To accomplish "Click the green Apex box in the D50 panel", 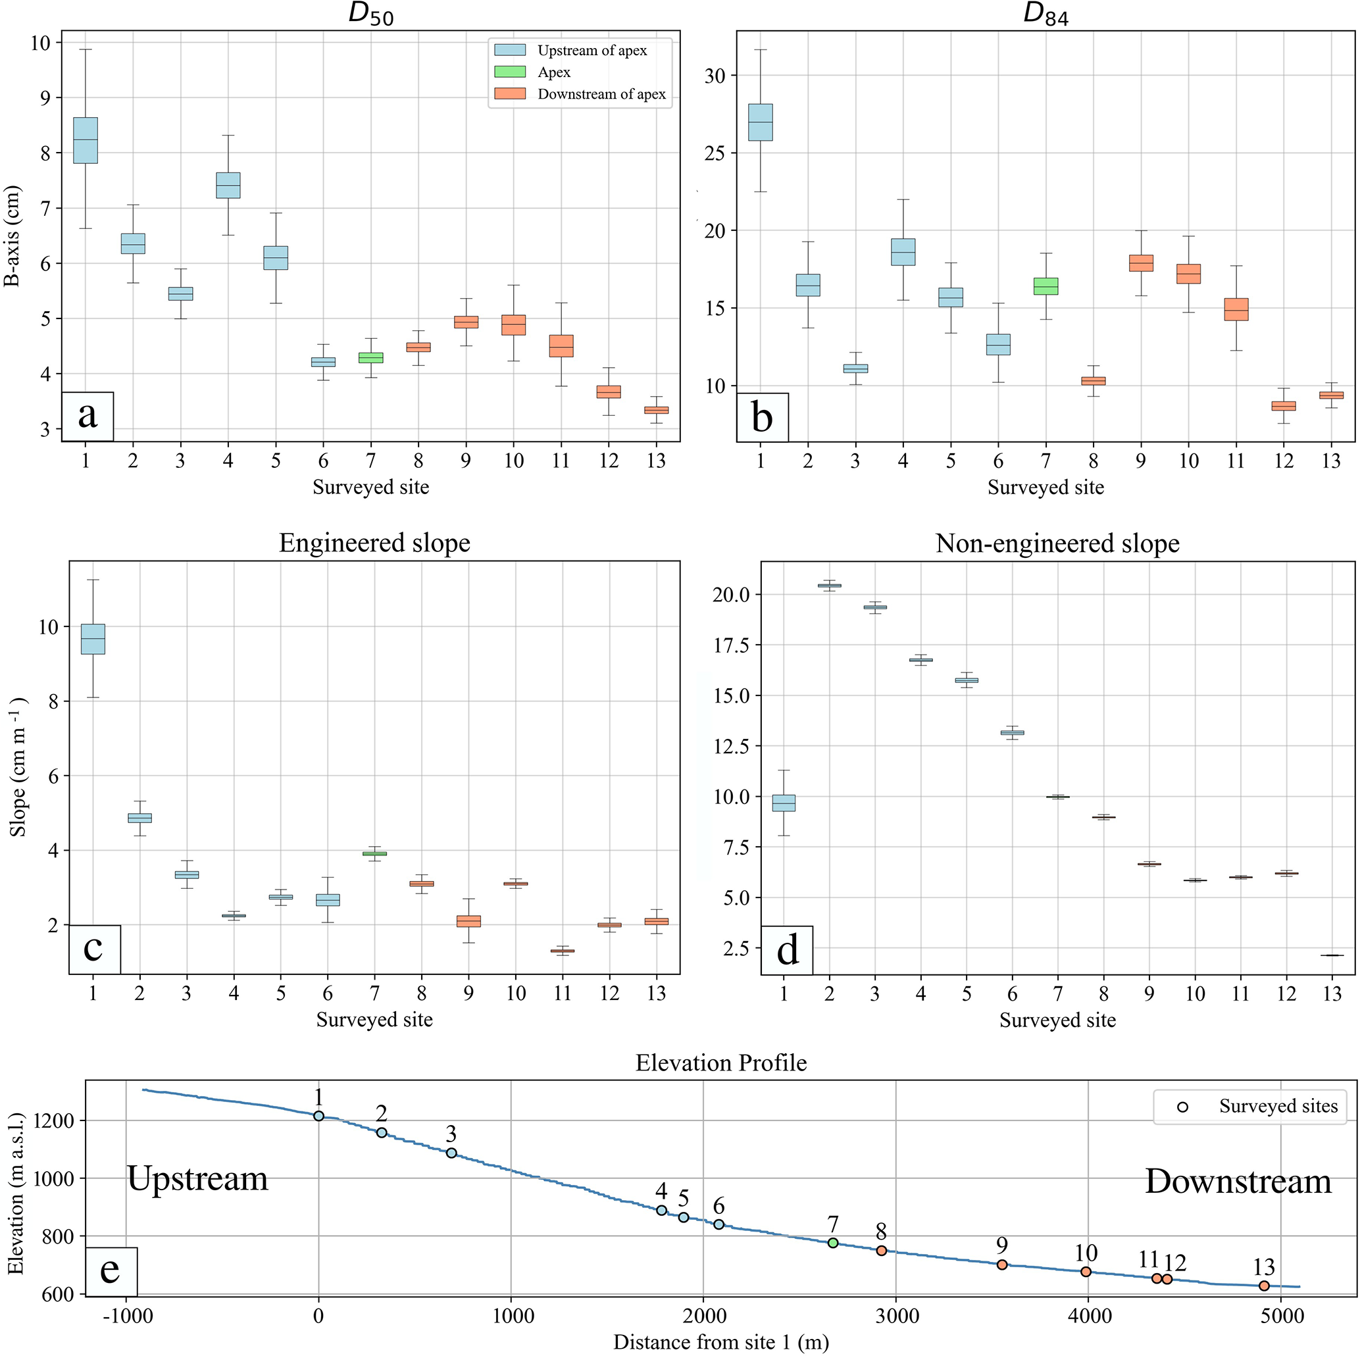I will [x=370, y=358].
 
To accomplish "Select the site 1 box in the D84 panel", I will [x=760, y=122].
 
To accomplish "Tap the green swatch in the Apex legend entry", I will [x=510, y=72].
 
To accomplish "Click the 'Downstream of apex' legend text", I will [x=601, y=94].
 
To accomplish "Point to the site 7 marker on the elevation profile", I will [x=833, y=1243].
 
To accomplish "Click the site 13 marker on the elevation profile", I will [x=1263, y=1286].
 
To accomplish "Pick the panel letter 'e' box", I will [x=111, y=1271].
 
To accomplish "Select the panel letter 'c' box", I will [x=94, y=949].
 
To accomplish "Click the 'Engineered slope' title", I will [x=374, y=543].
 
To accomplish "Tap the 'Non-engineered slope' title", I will [x=1057, y=543].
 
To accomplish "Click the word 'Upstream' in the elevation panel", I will [x=198, y=1178].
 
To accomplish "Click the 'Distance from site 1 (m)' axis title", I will [x=721, y=1342].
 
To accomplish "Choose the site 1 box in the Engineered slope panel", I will [x=93, y=639].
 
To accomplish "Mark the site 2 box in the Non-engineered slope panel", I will [x=830, y=585].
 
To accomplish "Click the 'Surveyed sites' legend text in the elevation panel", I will [x=1278, y=1106].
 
